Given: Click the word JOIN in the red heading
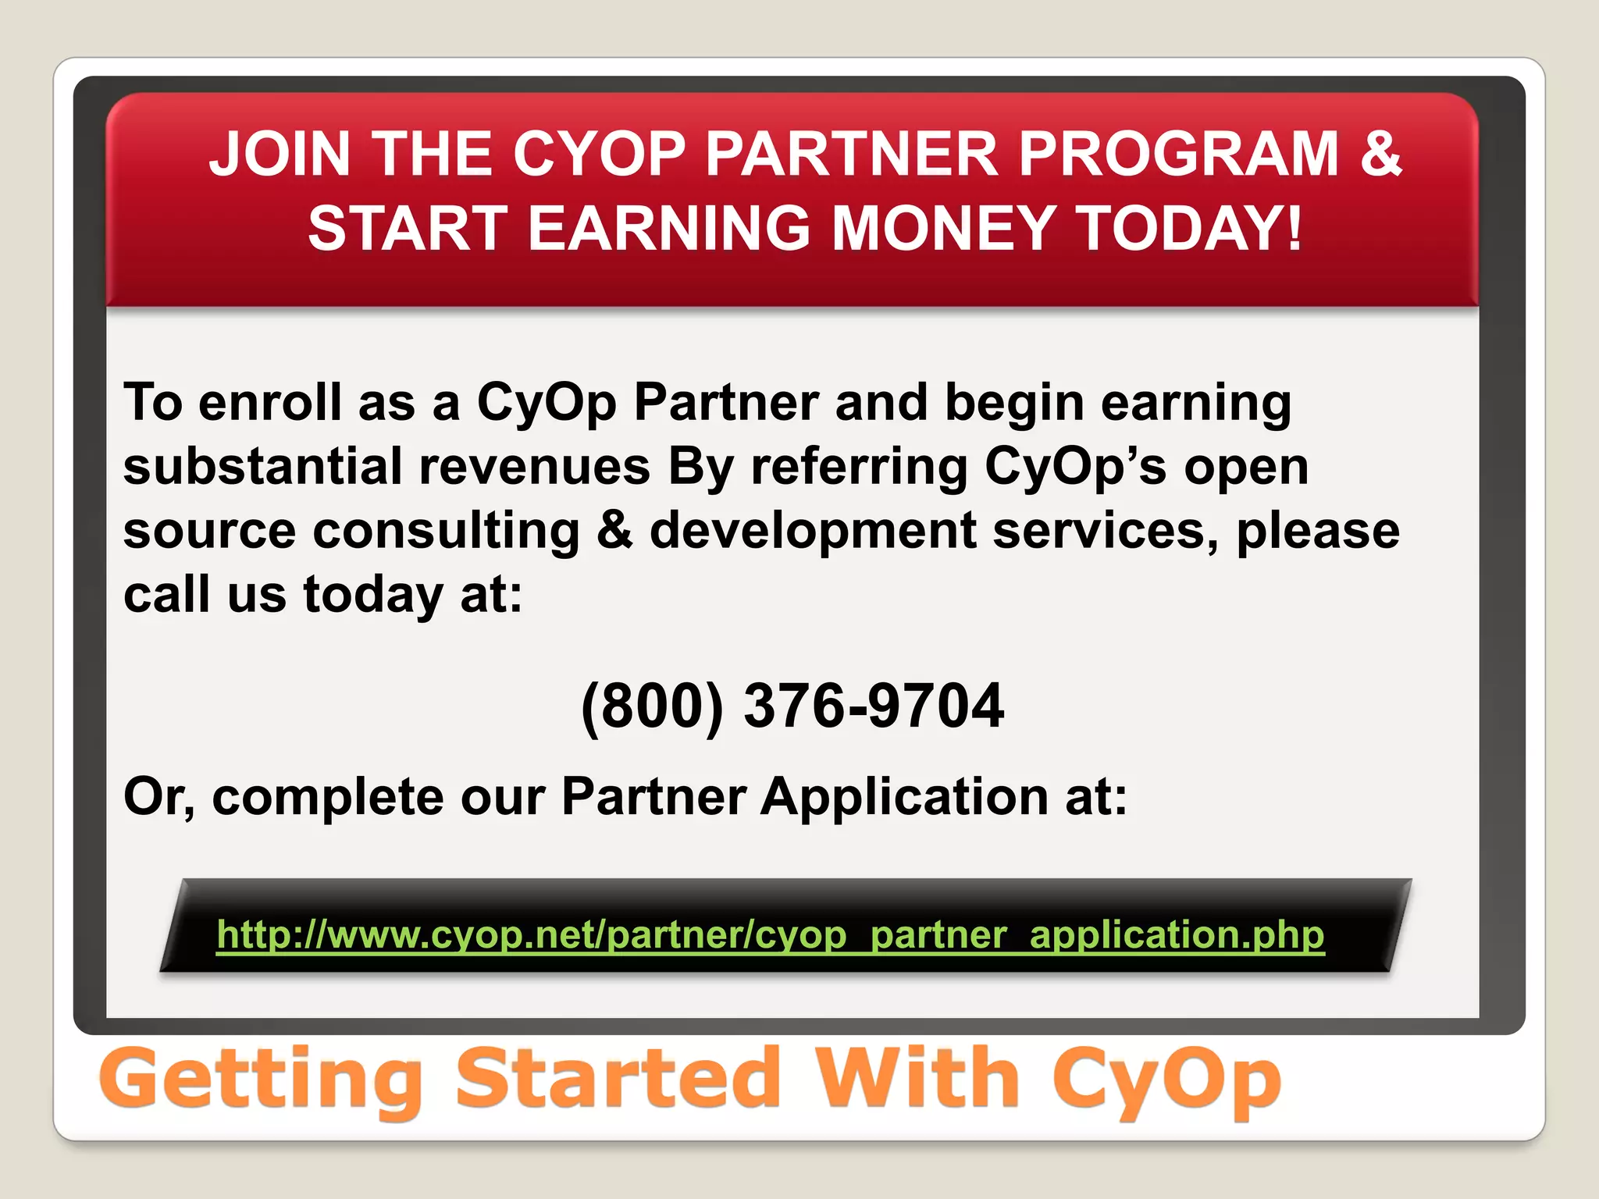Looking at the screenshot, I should coord(280,154).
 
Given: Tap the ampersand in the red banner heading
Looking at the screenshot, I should coord(1380,154).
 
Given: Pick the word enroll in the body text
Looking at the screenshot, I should coord(269,403).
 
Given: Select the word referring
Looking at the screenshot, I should coord(859,467).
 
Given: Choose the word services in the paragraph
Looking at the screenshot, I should coord(1105,531).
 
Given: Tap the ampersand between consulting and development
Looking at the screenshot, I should coord(615,531).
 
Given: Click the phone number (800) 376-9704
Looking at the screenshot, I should coord(792,706).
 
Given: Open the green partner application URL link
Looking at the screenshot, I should coord(771,934).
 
